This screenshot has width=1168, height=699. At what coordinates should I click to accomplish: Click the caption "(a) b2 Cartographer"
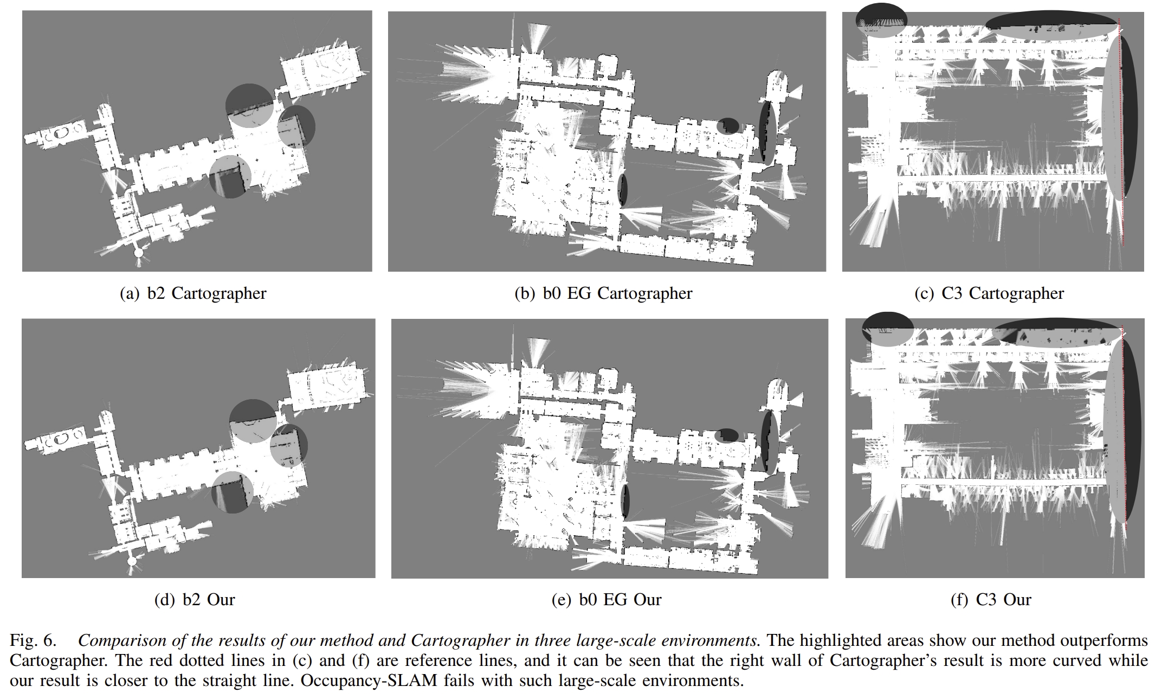pos(192,293)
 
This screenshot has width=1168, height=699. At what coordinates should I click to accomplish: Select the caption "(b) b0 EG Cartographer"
pos(603,293)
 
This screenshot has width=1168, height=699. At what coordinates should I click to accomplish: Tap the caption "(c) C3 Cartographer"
pos(989,293)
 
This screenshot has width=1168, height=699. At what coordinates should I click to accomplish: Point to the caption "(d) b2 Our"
pos(195,600)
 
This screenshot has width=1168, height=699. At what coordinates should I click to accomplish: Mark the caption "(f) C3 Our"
pos(991,600)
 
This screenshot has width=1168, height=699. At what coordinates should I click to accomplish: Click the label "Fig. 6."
pos(33,640)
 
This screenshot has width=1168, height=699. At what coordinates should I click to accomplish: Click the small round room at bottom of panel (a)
pos(139,253)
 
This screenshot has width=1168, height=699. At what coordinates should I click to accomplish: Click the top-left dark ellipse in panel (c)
pos(881,20)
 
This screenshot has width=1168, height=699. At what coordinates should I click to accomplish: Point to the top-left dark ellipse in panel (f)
pos(888,329)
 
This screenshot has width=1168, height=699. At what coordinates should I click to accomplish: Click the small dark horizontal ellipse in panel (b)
pos(727,126)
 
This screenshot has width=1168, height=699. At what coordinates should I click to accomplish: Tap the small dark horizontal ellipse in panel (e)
pos(727,435)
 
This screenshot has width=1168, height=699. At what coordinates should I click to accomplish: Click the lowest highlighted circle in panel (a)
pos(230,176)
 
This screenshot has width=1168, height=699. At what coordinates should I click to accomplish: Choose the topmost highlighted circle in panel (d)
pos(253,420)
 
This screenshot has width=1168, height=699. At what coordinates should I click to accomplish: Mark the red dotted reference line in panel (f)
pos(1124,434)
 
